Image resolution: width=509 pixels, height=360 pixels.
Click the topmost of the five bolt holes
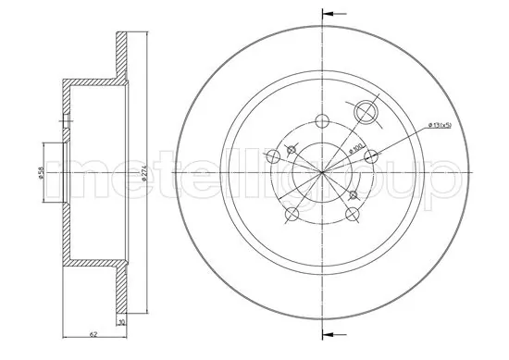click(322, 119)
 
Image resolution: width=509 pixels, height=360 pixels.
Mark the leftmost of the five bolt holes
click(271, 155)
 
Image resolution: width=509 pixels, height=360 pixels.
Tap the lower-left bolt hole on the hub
click(291, 216)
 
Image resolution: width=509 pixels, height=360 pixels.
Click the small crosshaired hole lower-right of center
click(355, 194)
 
